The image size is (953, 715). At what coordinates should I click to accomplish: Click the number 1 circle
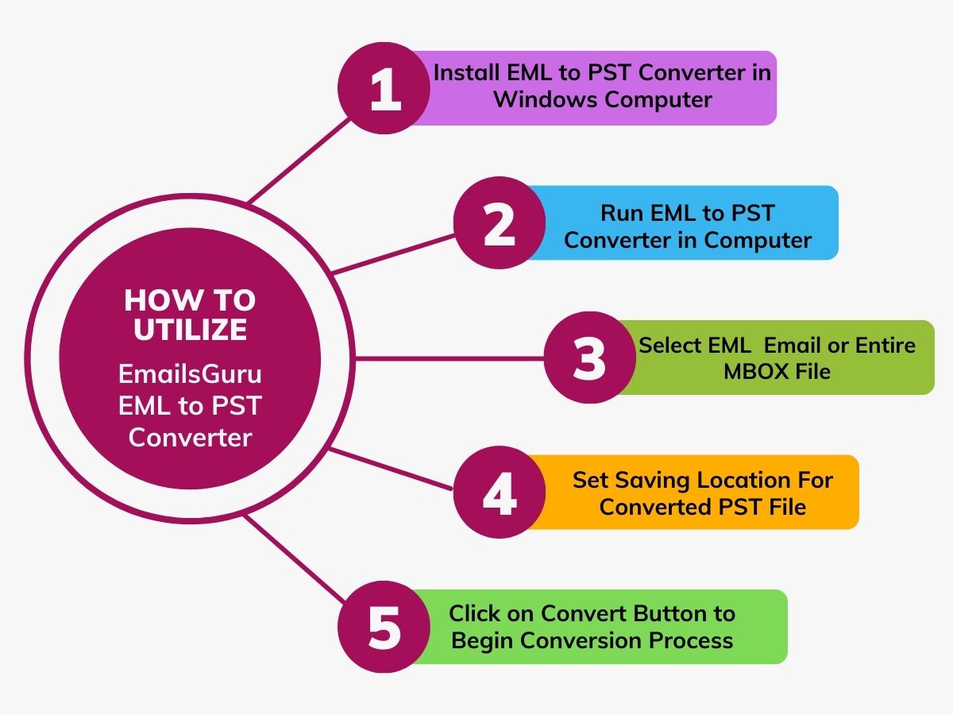point(384,88)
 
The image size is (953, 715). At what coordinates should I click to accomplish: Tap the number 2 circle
point(500,222)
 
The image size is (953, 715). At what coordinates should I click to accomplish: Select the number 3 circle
point(589,357)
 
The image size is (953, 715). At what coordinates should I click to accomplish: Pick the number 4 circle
point(500,492)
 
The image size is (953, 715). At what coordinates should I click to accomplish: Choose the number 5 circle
point(384,627)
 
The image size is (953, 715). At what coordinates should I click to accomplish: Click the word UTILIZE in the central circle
point(190,330)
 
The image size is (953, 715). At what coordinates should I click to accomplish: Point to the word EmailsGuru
point(190,374)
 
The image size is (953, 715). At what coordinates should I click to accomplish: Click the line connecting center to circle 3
point(449,358)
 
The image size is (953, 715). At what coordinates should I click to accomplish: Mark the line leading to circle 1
point(299,160)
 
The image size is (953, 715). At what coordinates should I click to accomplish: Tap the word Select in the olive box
point(673,346)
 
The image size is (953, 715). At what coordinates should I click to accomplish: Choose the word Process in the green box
point(691,640)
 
